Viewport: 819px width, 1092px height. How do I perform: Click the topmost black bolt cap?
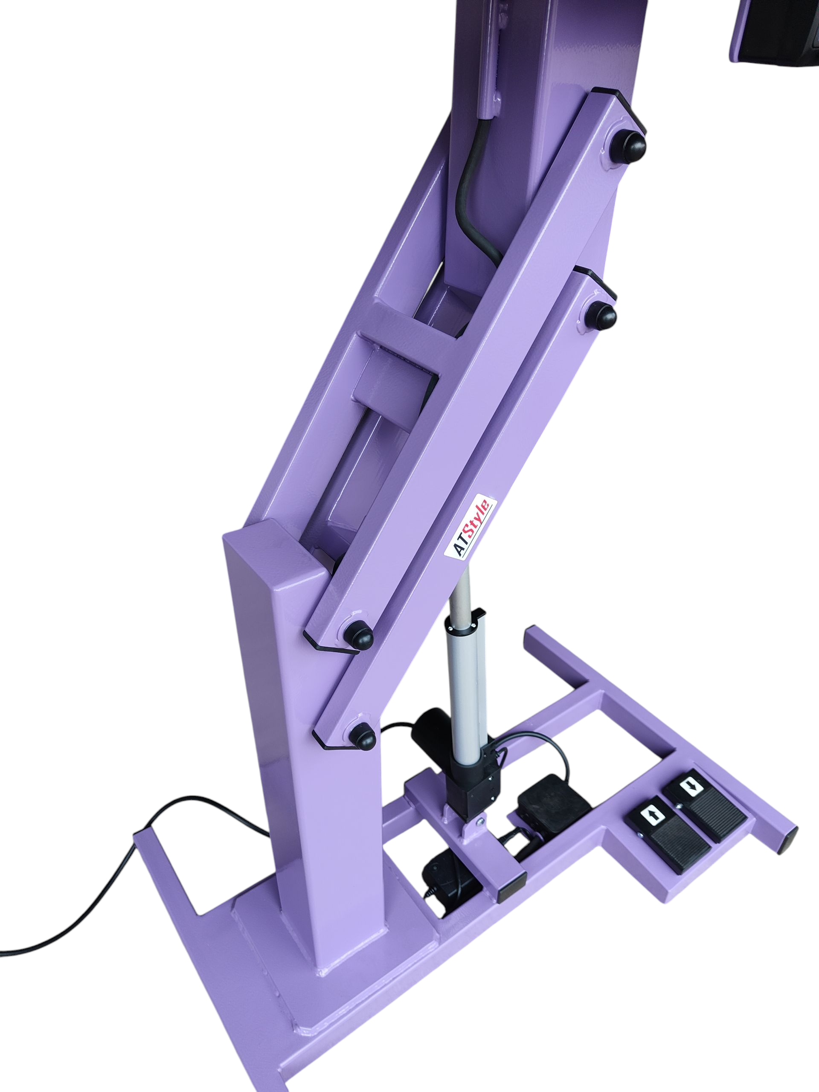[x=630, y=145]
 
